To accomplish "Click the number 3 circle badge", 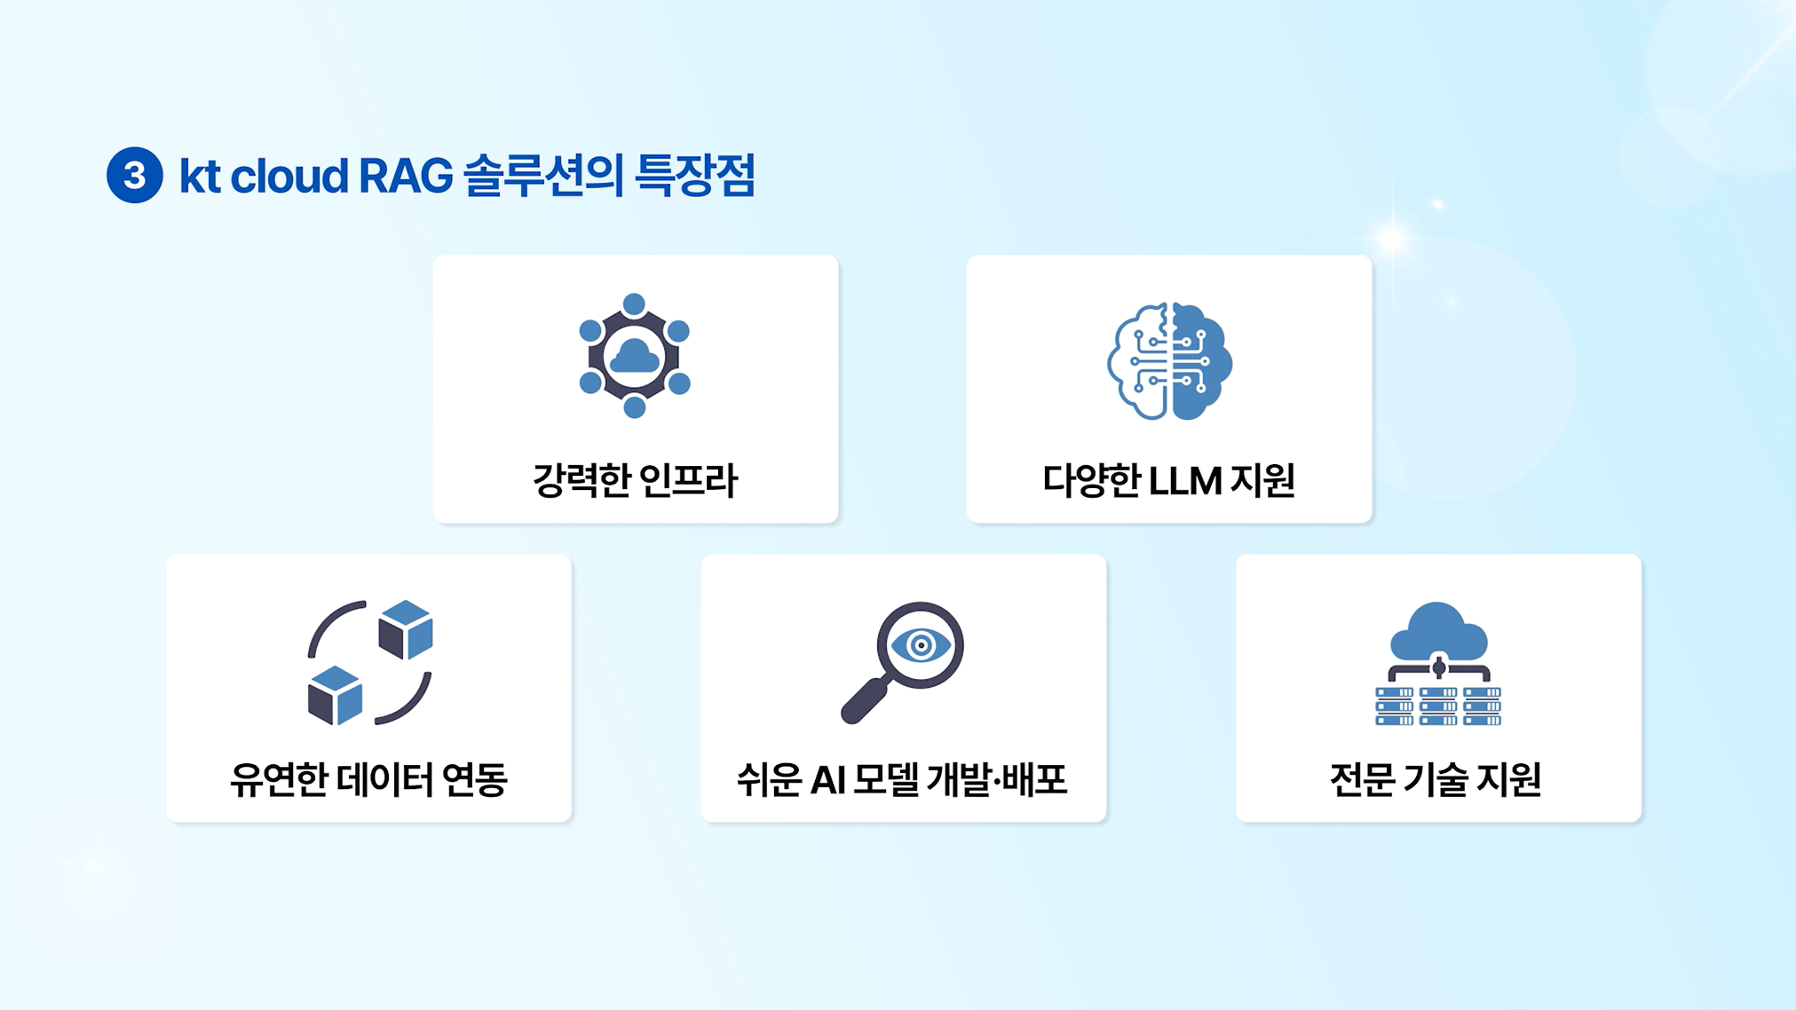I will [134, 175].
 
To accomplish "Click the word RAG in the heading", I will [406, 176].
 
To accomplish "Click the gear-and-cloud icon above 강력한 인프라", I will [634, 355].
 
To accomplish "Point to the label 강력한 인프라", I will [635, 480].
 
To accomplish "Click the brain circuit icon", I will [1169, 360].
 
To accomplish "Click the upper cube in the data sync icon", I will [406, 628].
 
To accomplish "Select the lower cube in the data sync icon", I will [335, 695].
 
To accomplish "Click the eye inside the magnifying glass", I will [921, 645].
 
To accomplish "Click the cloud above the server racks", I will [1438, 629].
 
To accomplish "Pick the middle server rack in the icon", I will [1438, 706].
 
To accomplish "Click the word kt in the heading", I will [200, 176].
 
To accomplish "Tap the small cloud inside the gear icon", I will [635, 357].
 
